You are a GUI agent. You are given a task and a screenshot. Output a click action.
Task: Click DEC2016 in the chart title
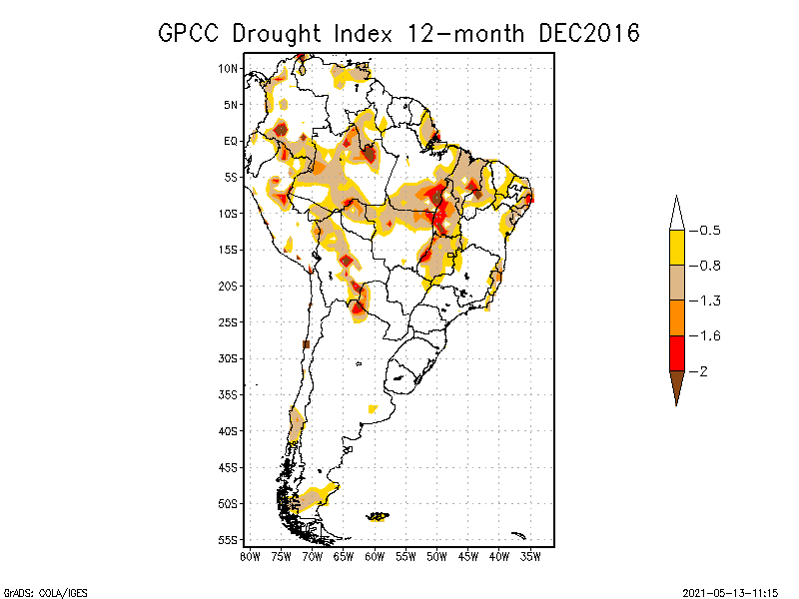[588, 33]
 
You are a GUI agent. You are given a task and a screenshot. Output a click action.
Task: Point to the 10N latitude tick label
[229, 68]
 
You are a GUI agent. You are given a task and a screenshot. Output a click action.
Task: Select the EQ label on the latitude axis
[231, 141]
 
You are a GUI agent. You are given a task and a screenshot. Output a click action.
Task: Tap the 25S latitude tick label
[229, 321]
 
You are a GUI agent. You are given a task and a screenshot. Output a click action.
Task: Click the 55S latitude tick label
[229, 539]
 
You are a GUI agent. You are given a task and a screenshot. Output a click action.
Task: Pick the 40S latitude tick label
[229, 430]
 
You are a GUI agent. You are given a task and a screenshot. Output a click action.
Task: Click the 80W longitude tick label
[250, 556]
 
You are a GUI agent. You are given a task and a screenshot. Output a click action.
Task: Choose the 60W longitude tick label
[375, 556]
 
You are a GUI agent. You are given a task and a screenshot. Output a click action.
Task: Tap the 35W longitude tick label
[530, 556]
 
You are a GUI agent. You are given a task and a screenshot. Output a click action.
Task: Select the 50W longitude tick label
[436, 556]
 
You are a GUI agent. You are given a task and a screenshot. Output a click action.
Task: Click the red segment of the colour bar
[676, 352]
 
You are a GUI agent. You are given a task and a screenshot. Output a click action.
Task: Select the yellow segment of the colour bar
[676, 248]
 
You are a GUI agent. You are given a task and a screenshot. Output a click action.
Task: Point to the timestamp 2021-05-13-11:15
[730, 591]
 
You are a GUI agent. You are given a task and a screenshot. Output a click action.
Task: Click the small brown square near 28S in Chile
[307, 344]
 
